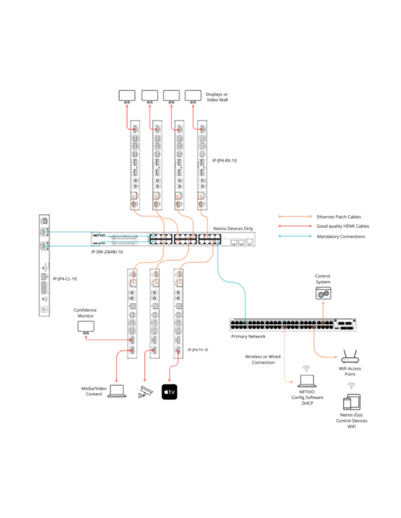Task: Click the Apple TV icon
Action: click(169, 392)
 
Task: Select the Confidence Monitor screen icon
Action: click(85, 327)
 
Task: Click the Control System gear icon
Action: click(322, 293)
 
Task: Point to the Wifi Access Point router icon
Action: click(349, 357)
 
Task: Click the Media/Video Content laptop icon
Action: click(117, 391)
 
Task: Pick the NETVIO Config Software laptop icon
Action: click(307, 381)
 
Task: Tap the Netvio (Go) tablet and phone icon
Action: click(352, 402)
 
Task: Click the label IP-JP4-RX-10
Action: click(225, 160)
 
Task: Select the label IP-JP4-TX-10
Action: click(198, 350)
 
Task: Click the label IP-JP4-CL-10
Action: click(68, 279)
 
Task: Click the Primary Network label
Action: click(248, 336)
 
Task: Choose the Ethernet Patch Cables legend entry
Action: click(339, 216)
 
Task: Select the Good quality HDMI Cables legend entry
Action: click(343, 226)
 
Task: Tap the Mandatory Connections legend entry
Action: click(341, 237)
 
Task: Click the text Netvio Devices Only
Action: click(233, 228)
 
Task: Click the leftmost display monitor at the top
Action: click(127, 96)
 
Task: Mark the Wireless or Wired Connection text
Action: click(263, 359)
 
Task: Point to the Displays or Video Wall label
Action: click(217, 97)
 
